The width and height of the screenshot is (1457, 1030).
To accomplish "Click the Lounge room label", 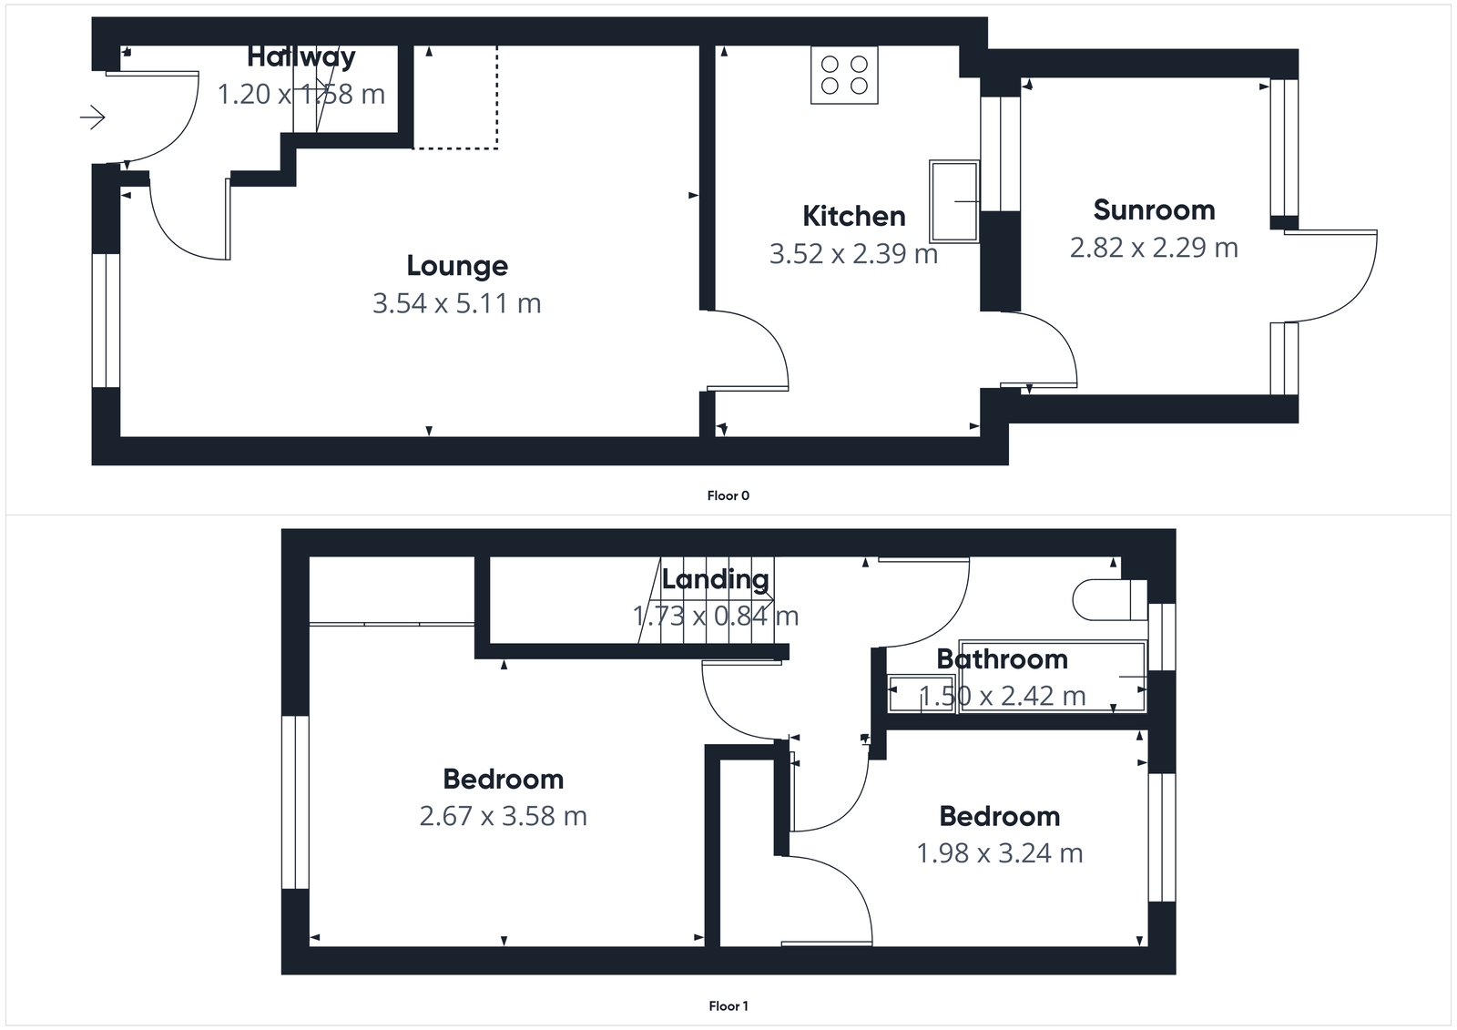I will point(457,266).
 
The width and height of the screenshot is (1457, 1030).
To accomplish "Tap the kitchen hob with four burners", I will point(844,76).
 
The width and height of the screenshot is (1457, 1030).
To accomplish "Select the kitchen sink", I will point(953,201).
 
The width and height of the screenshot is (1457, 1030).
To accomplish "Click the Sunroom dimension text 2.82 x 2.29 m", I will point(1154,248).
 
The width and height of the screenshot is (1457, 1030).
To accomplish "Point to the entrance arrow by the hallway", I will point(93,117).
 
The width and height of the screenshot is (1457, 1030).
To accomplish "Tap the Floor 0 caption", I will point(728,496).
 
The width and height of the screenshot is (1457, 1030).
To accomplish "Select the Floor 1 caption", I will point(728,1006).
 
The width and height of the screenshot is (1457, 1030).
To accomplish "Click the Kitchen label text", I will point(854,217).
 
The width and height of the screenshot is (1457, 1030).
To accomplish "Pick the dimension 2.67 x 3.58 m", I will point(503,816).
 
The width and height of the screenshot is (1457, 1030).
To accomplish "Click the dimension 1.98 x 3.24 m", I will point(999,853).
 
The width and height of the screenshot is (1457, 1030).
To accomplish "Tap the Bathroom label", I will point(1002,659).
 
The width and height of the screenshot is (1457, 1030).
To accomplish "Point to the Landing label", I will point(715,579).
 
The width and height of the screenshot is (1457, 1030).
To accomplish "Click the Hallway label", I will point(301,57).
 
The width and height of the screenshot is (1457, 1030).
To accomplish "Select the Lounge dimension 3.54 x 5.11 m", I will point(457,303).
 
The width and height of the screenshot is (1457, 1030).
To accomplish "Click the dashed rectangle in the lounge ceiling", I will point(455,98).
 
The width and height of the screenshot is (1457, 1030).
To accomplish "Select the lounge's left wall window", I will point(107,321).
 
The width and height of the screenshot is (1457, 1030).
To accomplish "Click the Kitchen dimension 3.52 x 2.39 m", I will point(853,254).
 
